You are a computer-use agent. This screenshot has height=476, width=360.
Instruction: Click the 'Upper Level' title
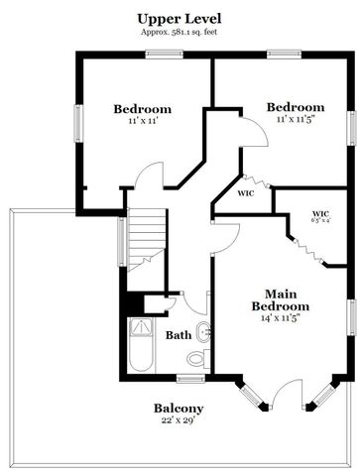179,19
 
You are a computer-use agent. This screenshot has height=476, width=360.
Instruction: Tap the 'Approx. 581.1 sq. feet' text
179,33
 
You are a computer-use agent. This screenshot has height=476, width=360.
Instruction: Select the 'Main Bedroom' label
281,300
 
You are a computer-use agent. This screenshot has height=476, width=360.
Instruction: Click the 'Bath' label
179,335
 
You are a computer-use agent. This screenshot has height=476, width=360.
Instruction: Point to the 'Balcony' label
179,409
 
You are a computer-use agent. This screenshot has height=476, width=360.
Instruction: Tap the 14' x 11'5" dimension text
282,318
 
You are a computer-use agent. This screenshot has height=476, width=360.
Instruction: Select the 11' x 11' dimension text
141,121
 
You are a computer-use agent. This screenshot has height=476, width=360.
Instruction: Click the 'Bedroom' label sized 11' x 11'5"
295,107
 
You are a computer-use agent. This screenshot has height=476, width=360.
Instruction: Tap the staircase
144,243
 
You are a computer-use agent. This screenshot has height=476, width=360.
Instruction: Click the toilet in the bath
197,357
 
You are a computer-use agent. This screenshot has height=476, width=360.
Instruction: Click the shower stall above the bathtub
144,325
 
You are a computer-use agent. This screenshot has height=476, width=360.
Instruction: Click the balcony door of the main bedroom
289,394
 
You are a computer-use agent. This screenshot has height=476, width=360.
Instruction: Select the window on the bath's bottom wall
189,378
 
